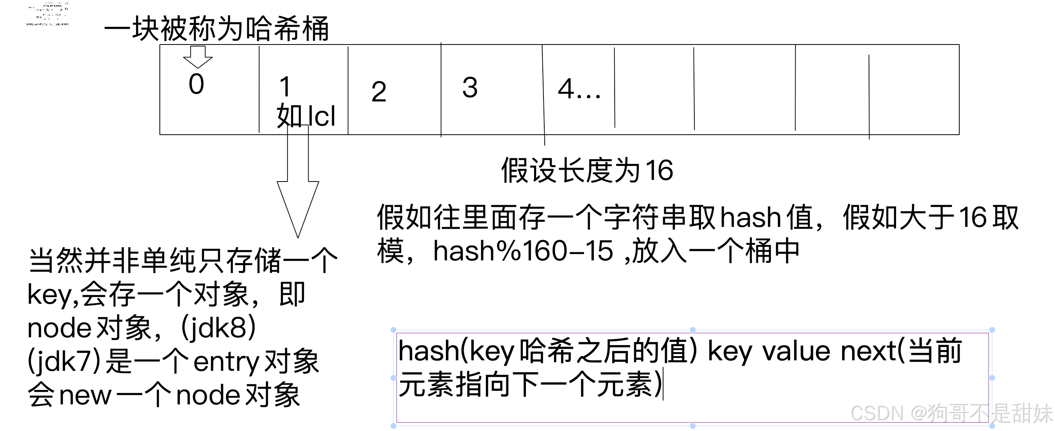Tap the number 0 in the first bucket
(196, 84)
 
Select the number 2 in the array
(379, 92)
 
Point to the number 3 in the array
(470, 87)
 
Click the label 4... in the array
(579, 89)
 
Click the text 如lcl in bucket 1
(306, 116)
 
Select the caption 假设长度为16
(587, 170)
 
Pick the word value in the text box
(796, 351)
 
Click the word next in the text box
(868, 351)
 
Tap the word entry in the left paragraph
(226, 362)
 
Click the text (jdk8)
(218, 328)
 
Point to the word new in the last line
(85, 395)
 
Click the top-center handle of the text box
(692, 330)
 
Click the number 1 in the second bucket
(285, 87)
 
